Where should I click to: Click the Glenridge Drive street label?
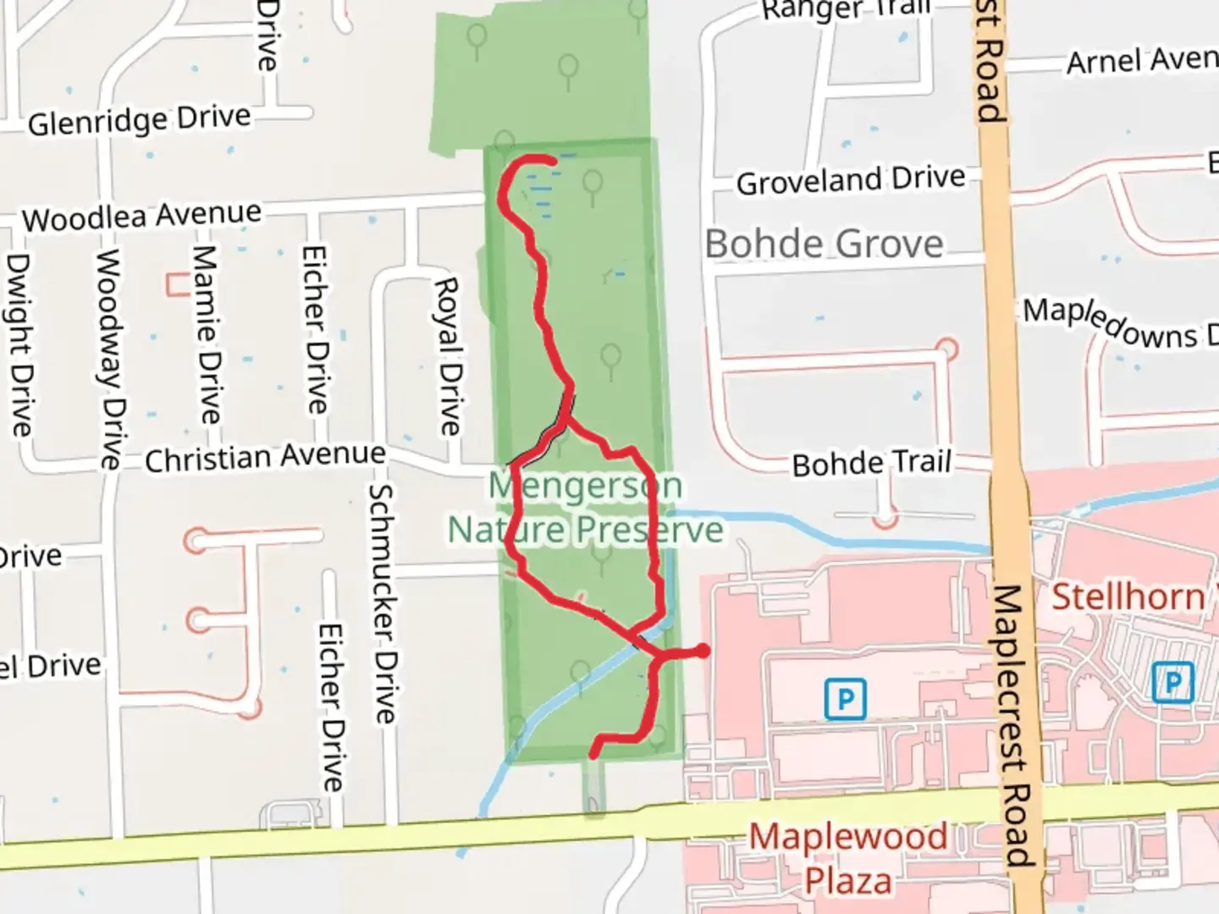[140, 120]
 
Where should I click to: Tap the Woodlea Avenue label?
[141, 217]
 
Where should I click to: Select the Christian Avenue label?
[265, 458]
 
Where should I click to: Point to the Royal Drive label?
[448, 356]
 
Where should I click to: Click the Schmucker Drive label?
[383, 603]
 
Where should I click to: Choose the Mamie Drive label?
[207, 335]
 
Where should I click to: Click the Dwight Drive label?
[19, 345]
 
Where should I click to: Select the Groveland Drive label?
[851, 180]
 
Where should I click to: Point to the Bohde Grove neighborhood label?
[824, 245]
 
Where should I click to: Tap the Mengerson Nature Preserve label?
[585, 508]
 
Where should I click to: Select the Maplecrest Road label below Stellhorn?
[1012, 724]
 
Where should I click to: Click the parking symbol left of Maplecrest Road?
[845, 699]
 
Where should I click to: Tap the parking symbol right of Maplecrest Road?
[1172, 682]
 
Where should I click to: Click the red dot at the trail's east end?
[702, 651]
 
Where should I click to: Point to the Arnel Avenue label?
[1141, 61]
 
